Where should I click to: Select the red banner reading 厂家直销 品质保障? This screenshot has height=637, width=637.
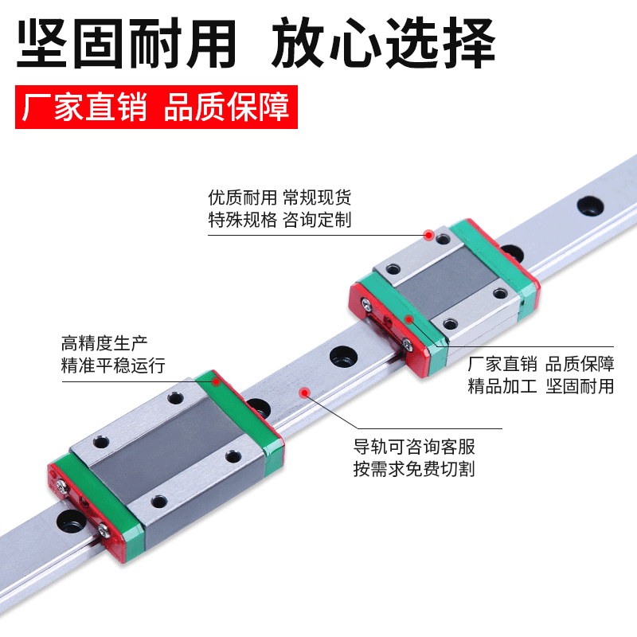[x=156, y=107]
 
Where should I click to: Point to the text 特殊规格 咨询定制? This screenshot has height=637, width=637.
[x=279, y=220]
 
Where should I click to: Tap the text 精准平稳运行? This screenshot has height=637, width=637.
[x=113, y=366]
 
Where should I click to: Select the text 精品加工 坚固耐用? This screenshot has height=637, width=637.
[x=541, y=387]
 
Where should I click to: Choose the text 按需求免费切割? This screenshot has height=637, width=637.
[x=414, y=469]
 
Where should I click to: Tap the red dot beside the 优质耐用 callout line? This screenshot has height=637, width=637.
[x=428, y=235]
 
